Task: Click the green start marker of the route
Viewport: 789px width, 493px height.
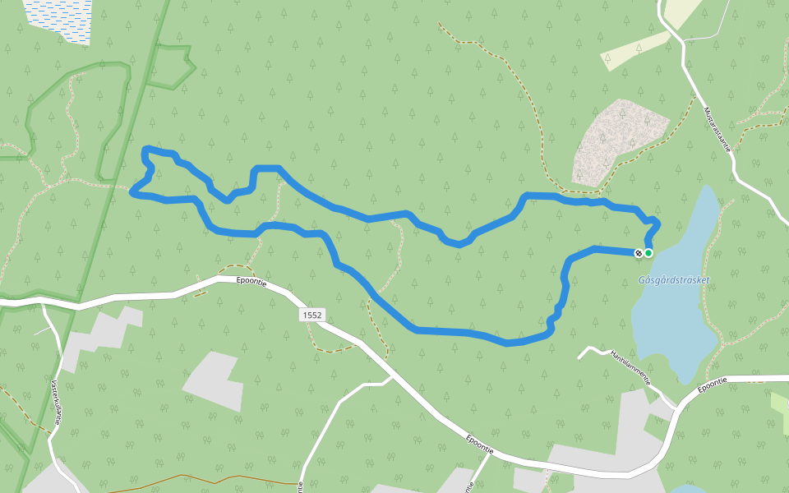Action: pos(648,253)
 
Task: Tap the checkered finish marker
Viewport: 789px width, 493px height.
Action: pos(639,253)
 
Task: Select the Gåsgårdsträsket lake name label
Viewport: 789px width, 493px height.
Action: pos(673,280)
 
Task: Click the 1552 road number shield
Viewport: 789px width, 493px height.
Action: pos(312,315)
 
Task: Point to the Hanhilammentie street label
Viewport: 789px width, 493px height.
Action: pos(630,367)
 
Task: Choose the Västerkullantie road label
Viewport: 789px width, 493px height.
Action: pos(56,401)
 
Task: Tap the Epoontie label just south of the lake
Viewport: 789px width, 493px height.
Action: pos(713,383)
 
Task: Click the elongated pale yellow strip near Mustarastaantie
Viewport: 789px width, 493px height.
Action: pos(634,51)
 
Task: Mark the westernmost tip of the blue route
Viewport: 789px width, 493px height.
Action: pos(132,192)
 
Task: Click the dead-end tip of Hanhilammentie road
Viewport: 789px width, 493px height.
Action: pos(579,357)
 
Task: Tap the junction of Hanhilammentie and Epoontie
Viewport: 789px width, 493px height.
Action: pos(676,408)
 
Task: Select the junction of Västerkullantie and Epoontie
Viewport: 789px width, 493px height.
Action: pos(43,304)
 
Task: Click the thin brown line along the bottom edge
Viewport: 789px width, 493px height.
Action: pos(214,481)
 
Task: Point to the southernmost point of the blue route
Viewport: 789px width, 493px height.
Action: pos(507,343)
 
